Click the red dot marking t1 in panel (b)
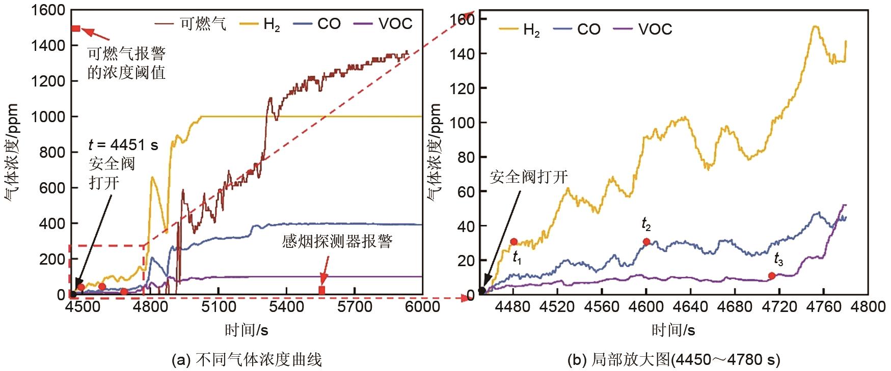coord(514,242)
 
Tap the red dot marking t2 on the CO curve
coord(646,242)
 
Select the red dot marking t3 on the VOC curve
coord(772,276)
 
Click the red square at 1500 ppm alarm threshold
coord(76,28)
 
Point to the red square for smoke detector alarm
coord(322,290)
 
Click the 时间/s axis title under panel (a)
coord(247,331)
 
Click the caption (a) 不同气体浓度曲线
coord(247,360)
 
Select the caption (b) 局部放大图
coord(673,360)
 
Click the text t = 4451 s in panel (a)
coord(123,146)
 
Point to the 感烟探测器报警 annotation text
coord(337,241)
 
